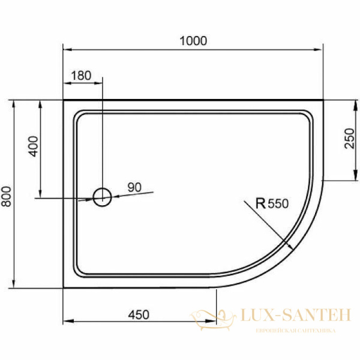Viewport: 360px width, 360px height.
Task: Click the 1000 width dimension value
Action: point(193,41)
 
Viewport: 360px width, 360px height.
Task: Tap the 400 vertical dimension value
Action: point(33,146)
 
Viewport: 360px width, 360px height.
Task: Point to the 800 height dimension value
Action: point(7,194)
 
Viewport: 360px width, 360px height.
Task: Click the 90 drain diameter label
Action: point(134,188)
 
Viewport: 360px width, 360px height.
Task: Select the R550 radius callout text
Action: point(272,203)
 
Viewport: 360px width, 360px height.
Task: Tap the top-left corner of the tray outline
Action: point(64,100)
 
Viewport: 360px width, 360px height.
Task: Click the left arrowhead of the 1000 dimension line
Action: point(66,50)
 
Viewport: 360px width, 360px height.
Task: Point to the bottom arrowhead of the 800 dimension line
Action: point(14,284)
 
